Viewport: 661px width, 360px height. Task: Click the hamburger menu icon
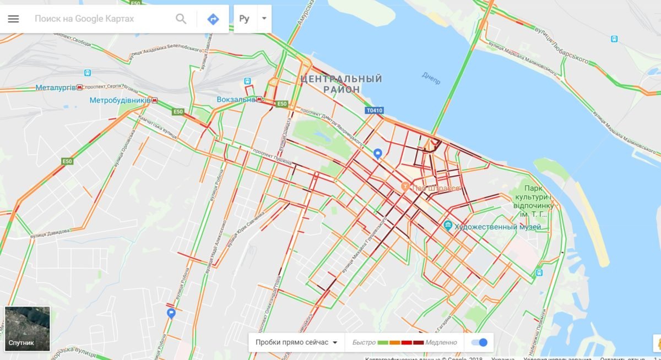click(x=13, y=19)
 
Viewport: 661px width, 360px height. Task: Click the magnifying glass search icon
click(x=181, y=19)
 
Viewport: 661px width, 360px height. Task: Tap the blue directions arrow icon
click(x=213, y=19)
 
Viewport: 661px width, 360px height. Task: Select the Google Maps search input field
click(x=99, y=19)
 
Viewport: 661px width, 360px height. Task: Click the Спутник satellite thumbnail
click(x=28, y=329)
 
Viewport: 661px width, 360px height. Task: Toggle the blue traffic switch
click(x=479, y=342)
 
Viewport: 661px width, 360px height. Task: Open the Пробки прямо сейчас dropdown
click(x=296, y=342)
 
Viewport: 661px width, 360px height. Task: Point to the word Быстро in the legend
click(x=364, y=342)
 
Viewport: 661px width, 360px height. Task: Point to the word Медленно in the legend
click(x=441, y=342)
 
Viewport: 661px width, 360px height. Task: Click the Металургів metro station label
click(x=55, y=88)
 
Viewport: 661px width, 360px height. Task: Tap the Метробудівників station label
click(x=120, y=101)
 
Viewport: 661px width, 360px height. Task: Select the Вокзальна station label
click(x=236, y=100)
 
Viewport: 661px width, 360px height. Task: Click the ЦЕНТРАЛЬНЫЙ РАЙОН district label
click(x=342, y=84)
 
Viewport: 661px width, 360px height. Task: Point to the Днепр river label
click(x=431, y=78)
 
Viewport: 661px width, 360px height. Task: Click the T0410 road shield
click(x=373, y=111)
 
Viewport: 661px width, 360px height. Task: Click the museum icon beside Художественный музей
click(x=448, y=226)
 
